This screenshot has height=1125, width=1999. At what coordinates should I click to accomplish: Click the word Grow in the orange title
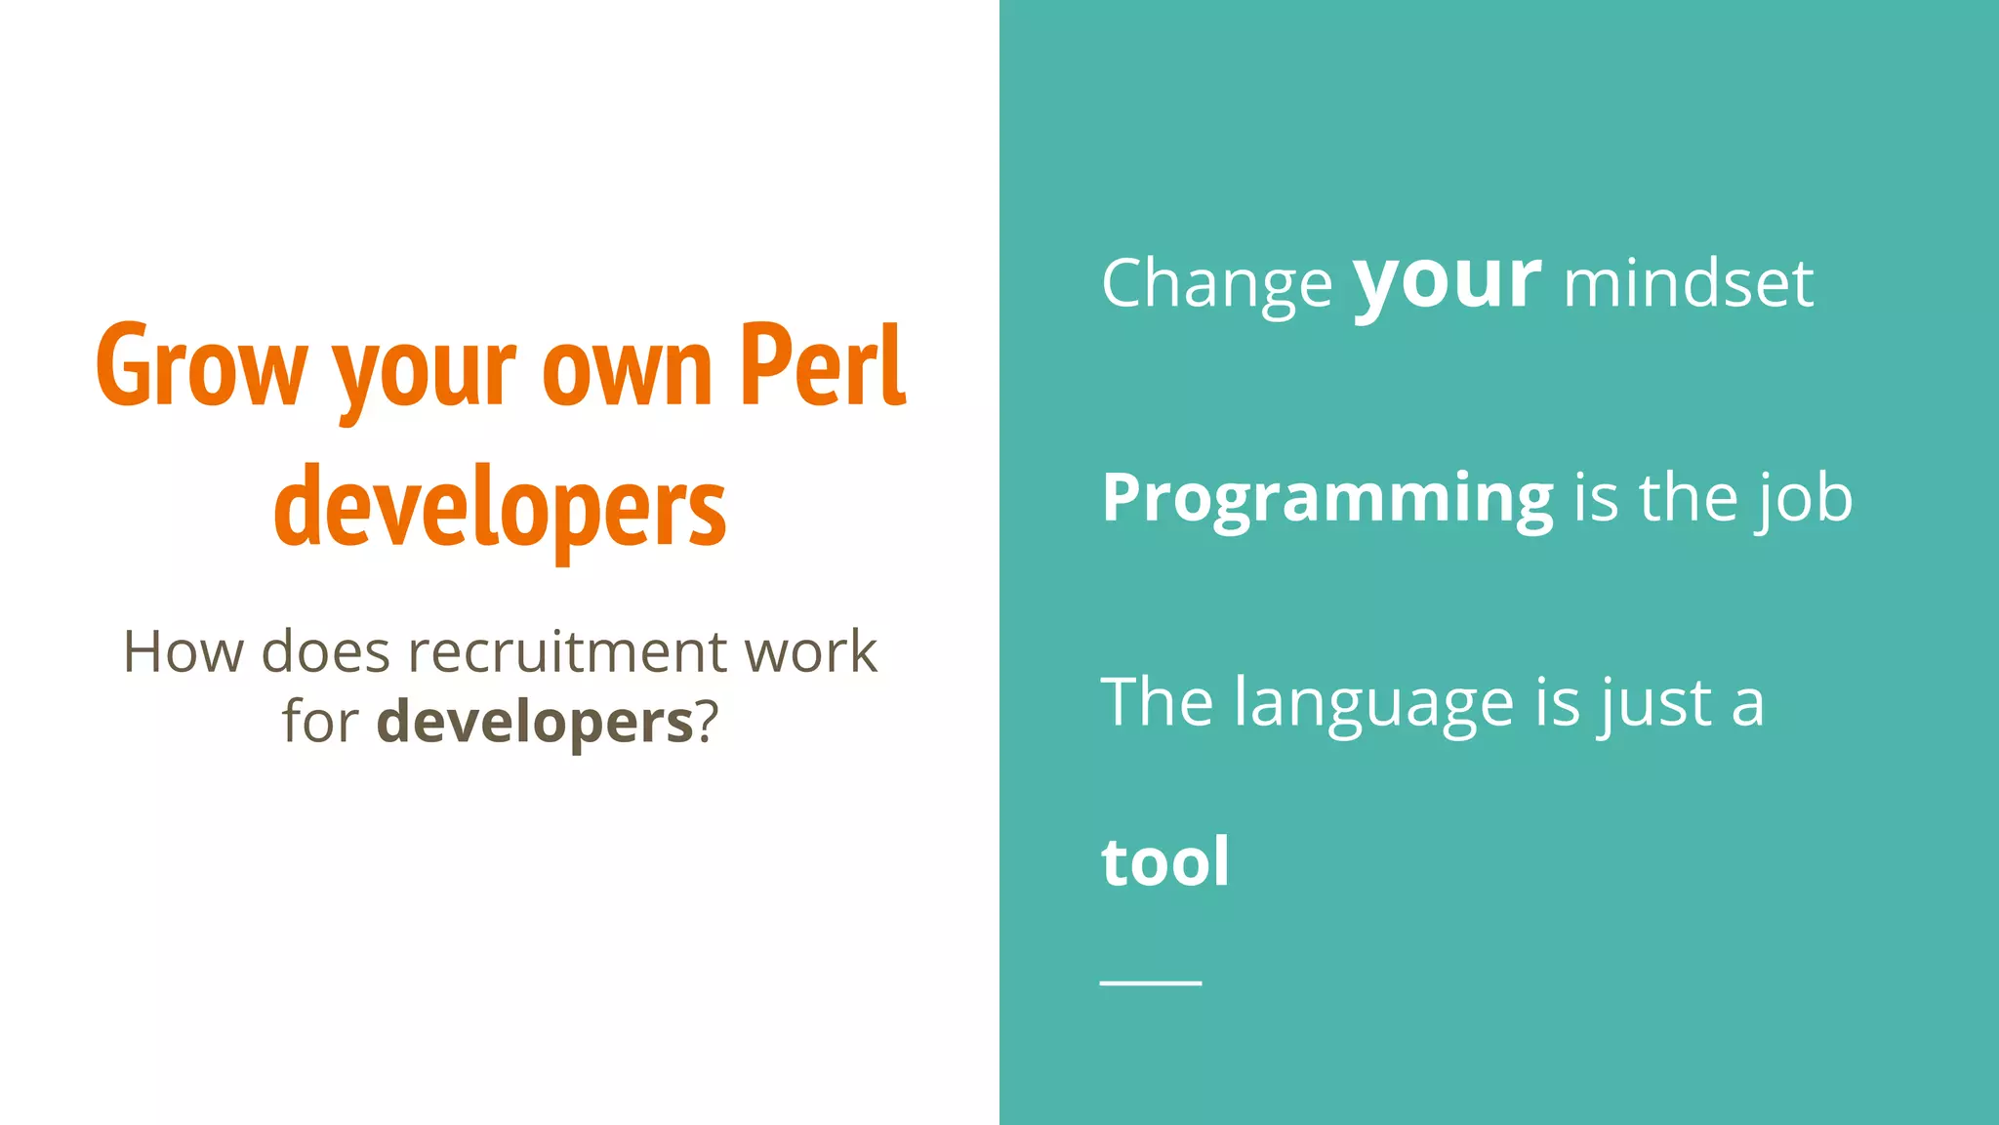tap(201, 367)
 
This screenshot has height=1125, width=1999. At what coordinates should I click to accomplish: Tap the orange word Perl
tap(823, 365)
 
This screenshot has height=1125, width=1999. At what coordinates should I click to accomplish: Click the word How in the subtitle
tap(183, 651)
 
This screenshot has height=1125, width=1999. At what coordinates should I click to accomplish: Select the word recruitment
tap(567, 651)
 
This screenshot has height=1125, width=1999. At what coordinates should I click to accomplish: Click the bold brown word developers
tap(535, 723)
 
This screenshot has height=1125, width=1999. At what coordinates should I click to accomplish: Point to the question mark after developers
tap(707, 723)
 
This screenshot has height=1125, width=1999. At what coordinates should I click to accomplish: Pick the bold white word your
tap(1447, 283)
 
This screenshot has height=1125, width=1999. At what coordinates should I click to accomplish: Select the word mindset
tap(1688, 284)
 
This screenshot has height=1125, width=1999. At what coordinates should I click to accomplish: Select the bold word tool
tap(1165, 861)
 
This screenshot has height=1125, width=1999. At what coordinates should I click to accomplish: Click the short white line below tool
tap(1151, 982)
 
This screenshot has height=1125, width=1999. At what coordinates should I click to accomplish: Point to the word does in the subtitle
tap(325, 651)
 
